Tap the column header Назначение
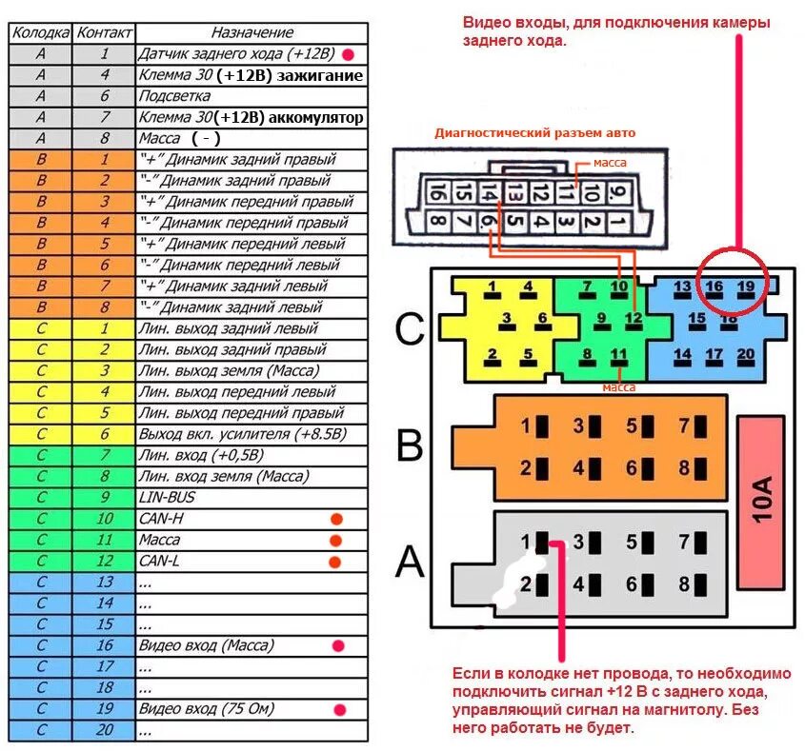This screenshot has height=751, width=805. click(252, 33)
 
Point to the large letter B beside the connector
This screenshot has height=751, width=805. click(410, 445)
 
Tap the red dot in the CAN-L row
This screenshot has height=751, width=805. click(334, 562)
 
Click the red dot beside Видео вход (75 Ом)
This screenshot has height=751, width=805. click(339, 709)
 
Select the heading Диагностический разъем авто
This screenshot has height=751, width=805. click(534, 133)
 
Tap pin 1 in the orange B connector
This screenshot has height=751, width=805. click(532, 425)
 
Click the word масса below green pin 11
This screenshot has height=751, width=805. click(619, 387)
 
